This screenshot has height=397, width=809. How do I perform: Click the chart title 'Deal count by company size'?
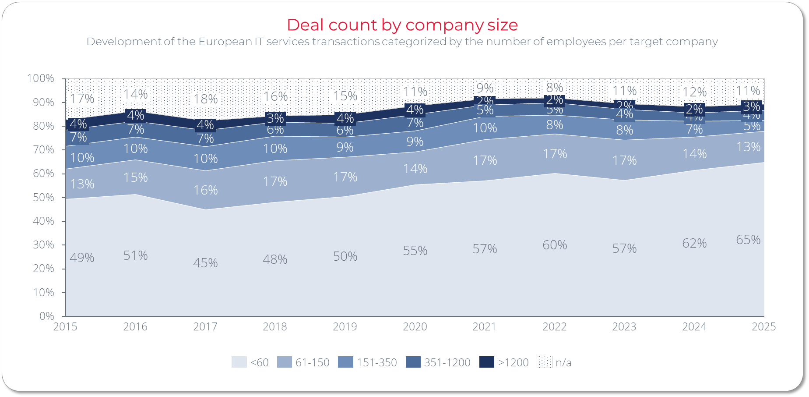(x=402, y=25)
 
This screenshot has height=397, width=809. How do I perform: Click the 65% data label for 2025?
(x=748, y=240)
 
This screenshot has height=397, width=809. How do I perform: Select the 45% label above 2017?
(x=205, y=263)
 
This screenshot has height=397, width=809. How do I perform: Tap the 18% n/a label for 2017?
(x=205, y=99)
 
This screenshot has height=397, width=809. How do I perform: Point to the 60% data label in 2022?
(x=555, y=245)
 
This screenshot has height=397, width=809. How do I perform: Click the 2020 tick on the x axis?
(x=415, y=327)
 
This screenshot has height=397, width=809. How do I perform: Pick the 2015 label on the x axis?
(x=65, y=327)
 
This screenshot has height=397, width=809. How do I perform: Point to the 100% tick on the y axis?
(x=41, y=78)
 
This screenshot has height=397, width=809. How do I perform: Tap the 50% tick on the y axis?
(x=43, y=197)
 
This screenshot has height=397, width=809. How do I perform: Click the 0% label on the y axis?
(x=46, y=316)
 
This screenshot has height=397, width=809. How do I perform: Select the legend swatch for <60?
(x=239, y=362)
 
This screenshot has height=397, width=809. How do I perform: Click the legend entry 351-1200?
(x=447, y=362)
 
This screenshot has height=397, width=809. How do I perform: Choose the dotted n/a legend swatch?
(x=544, y=362)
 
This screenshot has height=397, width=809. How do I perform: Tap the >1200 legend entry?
(x=513, y=362)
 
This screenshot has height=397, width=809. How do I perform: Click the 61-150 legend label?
(x=312, y=362)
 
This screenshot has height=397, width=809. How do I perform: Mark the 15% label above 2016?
(x=135, y=177)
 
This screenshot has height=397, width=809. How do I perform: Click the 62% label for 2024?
(x=694, y=243)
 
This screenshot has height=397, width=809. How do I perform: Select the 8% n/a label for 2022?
(x=555, y=87)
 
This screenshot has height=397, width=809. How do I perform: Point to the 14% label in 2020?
(x=415, y=169)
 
